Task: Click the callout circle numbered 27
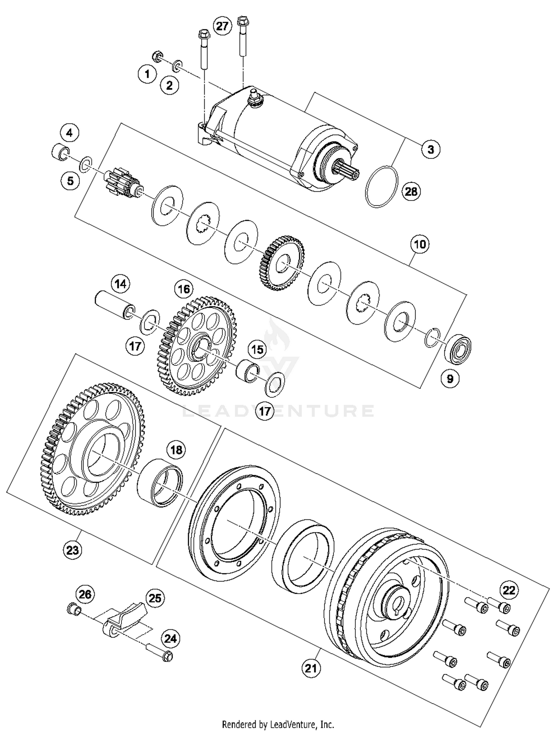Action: [222, 27]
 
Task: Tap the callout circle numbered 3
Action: [430, 149]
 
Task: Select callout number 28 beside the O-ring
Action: [411, 192]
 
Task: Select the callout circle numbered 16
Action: [184, 289]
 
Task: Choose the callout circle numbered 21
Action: [311, 668]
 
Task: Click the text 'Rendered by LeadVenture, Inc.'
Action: [278, 724]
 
